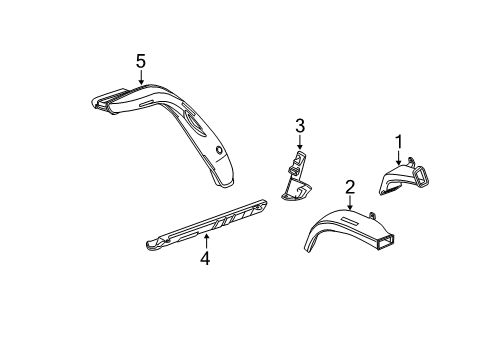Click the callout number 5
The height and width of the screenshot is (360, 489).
pos(141,62)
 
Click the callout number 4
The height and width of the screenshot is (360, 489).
pos(204,258)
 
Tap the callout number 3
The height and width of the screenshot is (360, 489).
pos(298,125)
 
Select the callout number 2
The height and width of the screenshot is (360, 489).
pos(350,185)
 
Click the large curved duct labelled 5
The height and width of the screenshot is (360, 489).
pos(190,125)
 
